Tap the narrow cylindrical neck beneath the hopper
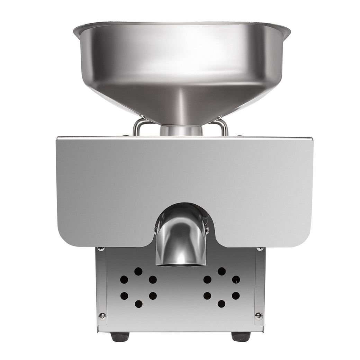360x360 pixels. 181,130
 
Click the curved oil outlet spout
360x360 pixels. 181,239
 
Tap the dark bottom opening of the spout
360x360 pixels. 181,264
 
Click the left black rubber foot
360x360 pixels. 120,336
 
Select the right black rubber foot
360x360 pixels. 241,336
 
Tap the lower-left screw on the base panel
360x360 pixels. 102,316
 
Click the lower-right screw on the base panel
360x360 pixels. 259,316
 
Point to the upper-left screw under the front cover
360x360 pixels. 101,249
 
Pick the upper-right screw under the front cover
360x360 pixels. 260,249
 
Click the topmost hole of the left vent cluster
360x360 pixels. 138,271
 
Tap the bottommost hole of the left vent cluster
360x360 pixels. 138,304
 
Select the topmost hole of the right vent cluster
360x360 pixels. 222,271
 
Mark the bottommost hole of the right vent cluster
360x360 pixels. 222,304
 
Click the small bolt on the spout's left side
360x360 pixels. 156,228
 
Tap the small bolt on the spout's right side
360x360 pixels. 207,228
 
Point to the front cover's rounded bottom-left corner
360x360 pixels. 64,239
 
